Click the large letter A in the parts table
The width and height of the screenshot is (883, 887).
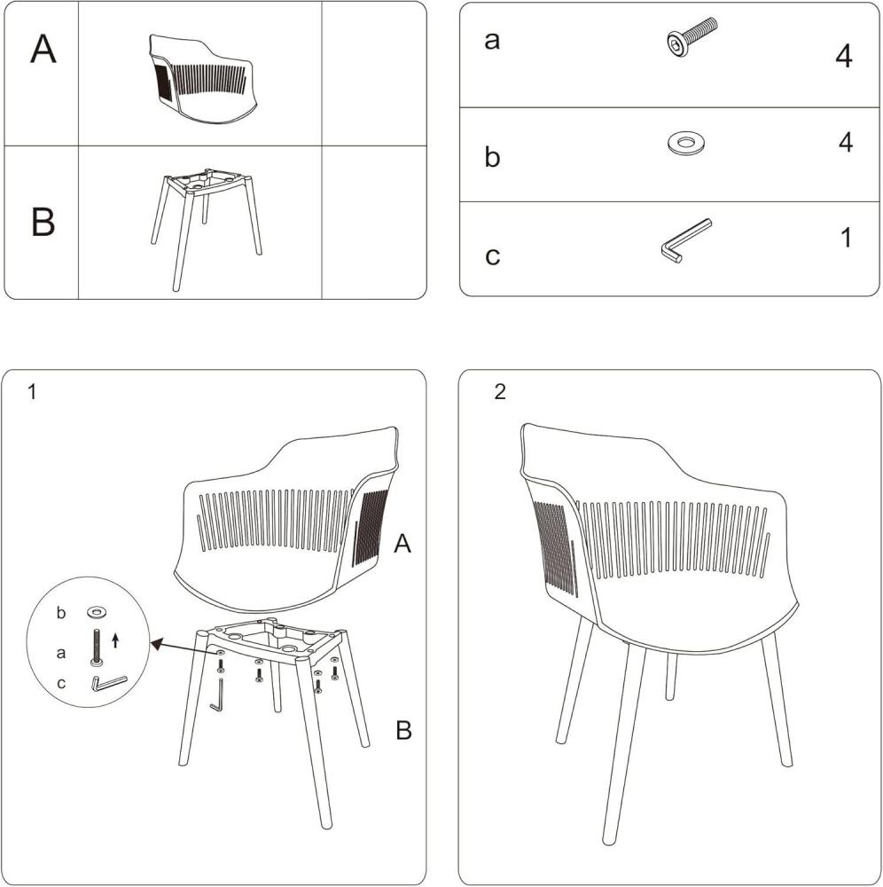43,49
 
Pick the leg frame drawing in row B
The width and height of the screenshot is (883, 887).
207,229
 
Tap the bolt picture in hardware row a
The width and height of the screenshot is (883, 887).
692,37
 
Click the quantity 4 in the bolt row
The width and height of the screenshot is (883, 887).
843,56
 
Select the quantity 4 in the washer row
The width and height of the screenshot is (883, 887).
845,143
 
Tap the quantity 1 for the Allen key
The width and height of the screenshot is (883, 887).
846,238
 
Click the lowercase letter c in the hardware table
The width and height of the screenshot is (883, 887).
492,255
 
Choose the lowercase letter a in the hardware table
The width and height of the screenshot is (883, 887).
492,41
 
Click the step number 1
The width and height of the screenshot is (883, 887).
32,391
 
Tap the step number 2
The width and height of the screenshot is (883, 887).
500,391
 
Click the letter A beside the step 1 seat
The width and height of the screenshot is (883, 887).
402,544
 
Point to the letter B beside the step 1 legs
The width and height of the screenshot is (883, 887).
403,730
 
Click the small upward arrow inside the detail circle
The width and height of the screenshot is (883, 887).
115,641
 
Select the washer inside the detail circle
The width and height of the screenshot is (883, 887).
96,612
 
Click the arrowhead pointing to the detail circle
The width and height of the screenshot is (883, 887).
157,643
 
